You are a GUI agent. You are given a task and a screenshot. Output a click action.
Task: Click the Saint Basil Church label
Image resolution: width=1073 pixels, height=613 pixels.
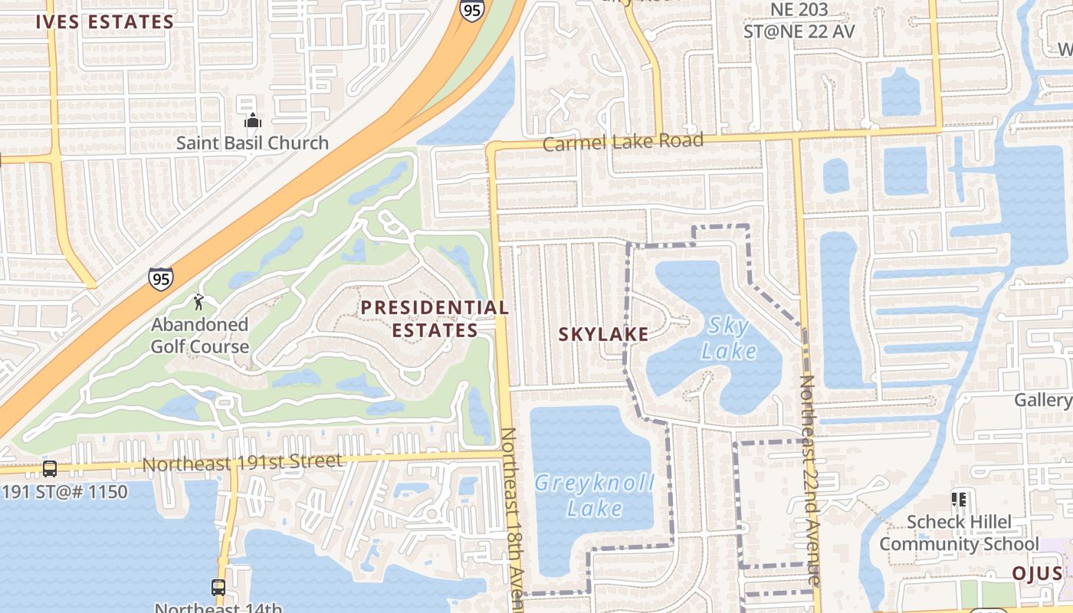(252, 143)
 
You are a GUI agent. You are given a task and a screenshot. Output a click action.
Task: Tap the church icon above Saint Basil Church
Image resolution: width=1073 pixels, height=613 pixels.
(252, 120)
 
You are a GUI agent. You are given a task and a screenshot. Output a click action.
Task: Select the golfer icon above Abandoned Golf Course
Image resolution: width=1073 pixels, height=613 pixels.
(199, 301)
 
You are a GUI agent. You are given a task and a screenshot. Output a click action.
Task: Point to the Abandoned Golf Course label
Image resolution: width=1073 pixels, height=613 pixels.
(199, 336)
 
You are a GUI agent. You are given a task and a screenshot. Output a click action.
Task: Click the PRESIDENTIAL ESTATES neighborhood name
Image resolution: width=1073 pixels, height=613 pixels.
(435, 319)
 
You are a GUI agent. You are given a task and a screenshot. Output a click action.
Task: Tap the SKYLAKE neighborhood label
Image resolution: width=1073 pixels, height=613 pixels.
(603, 334)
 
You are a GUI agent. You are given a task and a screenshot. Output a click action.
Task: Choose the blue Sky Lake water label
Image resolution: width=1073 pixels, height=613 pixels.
(729, 339)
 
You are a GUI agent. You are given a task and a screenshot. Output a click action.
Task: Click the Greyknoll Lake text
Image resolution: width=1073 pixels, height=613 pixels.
(594, 495)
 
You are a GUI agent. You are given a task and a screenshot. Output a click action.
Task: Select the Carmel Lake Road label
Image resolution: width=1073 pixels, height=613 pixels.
(623, 143)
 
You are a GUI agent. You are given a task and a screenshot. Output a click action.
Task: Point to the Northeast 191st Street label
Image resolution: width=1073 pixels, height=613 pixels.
(242, 463)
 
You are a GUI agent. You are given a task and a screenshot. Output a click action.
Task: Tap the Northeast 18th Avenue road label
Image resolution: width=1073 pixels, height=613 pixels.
(512, 521)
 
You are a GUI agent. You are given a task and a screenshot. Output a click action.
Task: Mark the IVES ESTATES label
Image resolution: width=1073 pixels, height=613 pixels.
(105, 21)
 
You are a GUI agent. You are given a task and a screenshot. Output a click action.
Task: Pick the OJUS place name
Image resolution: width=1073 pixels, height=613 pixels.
(1037, 574)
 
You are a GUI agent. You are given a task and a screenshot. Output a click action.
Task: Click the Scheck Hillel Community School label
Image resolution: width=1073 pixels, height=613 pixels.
(959, 533)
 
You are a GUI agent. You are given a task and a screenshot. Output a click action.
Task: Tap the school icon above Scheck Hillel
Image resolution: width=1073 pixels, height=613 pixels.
(958, 500)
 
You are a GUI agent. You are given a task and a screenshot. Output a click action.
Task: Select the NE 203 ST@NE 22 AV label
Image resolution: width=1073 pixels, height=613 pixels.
(799, 21)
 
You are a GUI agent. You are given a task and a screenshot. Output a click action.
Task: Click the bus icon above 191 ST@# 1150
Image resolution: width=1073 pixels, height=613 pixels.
(50, 468)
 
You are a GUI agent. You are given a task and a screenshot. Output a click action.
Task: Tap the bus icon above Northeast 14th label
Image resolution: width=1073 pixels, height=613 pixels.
(218, 588)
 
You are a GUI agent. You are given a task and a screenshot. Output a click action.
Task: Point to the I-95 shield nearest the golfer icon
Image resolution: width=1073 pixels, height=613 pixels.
(161, 279)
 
